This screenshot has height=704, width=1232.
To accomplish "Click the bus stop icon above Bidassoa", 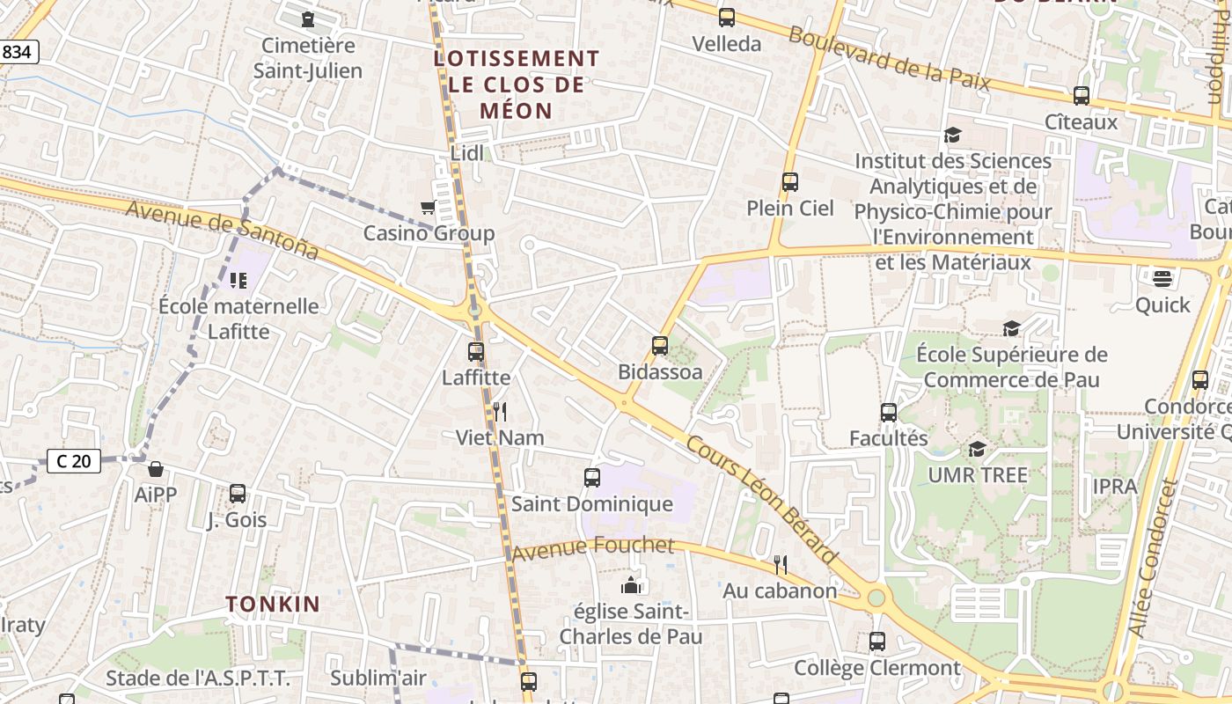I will click(x=660, y=346).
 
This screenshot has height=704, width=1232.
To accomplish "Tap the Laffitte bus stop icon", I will click(x=476, y=352).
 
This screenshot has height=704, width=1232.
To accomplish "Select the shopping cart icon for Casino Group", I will click(x=428, y=208).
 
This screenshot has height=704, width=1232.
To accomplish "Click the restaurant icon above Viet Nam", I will click(x=499, y=411).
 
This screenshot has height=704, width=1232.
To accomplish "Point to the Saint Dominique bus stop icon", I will click(x=592, y=478).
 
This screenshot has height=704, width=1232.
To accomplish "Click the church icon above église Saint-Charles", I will click(x=631, y=585).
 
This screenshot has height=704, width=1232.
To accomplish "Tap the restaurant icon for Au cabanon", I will click(x=780, y=564).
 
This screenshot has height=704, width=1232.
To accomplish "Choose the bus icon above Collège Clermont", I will click(x=877, y=642).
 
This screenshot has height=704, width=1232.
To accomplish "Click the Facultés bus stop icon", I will click(x=889, y=412).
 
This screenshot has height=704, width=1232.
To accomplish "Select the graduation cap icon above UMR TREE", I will click(x=977, y=450).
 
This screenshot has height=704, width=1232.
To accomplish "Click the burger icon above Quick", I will click(x=1162, y=279).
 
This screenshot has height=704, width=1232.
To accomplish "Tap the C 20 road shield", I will click(x=74, y=461).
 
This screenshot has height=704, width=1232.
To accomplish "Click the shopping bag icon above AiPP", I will click(x=156, y=469).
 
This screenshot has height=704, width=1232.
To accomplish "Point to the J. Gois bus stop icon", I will click(x=238, y=494).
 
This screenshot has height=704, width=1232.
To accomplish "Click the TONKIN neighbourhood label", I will click(x=273, y=605).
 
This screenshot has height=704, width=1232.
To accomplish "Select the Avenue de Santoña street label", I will click(x=222, y=230).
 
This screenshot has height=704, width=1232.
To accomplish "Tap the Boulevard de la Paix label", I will click(x=889, y=60).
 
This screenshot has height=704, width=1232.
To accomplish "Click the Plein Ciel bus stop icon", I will click(x=790, y=182).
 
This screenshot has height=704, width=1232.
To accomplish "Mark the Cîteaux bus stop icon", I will click(x=1082, y=96).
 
